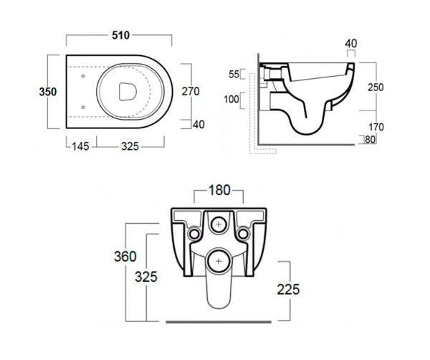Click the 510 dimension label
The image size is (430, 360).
120,35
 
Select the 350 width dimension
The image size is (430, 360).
48,92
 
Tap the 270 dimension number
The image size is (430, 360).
191,91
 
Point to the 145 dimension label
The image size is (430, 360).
80,146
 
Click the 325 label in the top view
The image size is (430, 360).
130,146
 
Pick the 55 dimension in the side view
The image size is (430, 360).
234,75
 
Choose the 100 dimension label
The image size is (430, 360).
231,99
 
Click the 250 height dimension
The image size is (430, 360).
376,87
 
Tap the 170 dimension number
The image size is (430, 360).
376,127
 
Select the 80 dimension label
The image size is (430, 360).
370,140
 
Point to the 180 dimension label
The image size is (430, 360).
219,190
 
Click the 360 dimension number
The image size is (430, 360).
125,257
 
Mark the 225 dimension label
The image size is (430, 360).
288,290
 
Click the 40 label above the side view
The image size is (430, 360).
351,44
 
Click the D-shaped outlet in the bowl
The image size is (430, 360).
128,91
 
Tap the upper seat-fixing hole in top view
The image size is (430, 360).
83,76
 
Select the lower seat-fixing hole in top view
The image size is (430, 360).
83,107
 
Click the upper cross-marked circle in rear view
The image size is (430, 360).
219,224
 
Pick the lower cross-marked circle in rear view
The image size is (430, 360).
219,261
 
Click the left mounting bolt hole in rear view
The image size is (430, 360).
194,234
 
